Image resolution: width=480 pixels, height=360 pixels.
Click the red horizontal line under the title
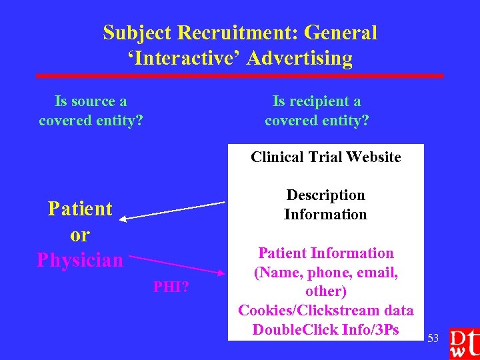pyautogui.click(x=240, y=76)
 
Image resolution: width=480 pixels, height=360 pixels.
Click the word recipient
pyautogui.click(x=317, y=101)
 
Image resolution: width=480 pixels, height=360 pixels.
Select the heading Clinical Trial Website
pyautogui.click(x=325, y=157)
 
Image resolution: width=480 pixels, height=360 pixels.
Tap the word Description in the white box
pyautogui.click(x=325, y=195)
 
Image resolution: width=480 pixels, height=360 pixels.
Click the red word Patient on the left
pyautogui.click(x=80, y=209)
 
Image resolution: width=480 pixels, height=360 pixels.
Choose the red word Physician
pyautogui.click(x=80, y=259)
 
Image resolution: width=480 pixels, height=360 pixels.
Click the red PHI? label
pyautogui.click(x=171, y=288)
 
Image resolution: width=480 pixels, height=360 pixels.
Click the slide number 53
pyautogui.click(x=433, y=339)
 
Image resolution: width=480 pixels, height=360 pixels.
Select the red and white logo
pyautogui.click(x=463, y=344)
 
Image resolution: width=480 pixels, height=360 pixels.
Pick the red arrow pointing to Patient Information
pyautogui.click(x=177, y=263)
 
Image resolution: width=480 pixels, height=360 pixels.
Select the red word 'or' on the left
pyautogui.click(x=80, y=235)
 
